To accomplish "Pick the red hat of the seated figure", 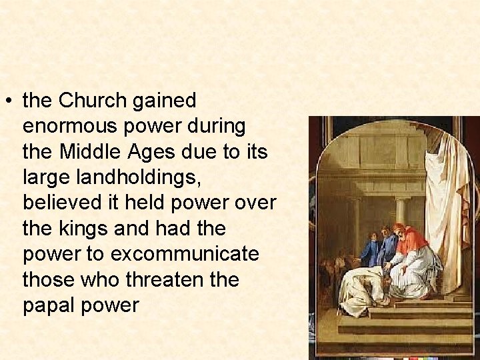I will click(399, 229).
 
